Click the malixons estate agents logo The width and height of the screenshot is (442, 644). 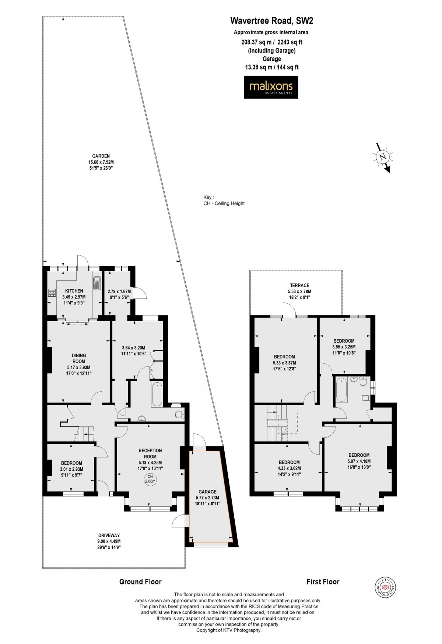271,87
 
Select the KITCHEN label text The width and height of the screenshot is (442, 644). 74,291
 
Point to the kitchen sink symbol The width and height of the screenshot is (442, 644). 97,283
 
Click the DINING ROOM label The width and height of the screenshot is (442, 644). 79,358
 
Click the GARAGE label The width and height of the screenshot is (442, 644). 208,492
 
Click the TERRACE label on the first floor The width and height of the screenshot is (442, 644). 299,285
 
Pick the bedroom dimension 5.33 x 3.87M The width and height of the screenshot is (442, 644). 285,362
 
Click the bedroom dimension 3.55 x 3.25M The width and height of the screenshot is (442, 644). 344,347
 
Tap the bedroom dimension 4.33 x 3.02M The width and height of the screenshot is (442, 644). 289,468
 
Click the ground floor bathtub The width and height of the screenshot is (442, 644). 157,395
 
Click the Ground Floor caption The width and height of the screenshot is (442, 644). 140,582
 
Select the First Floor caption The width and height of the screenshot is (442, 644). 323,582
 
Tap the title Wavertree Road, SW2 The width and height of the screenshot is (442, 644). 271,21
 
